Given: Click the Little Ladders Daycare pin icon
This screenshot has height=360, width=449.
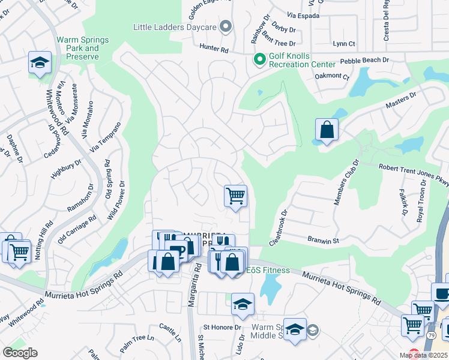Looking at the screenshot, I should tap(226, 26).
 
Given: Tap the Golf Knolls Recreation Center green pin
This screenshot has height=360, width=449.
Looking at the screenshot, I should tap(260, 59).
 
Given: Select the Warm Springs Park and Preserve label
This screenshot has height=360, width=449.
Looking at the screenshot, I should tap(83, 49).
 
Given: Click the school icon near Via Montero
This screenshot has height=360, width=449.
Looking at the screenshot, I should tap(40, 62).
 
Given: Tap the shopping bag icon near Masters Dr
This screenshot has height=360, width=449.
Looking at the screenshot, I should tap(327, 130).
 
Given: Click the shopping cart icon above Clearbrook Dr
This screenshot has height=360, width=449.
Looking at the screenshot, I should tap(235, 196).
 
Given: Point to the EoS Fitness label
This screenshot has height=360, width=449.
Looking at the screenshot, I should tap(268, 271).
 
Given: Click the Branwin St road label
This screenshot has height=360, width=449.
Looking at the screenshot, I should tap(324, 239).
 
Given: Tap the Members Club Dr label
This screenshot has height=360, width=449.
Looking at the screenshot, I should tap(345, 182).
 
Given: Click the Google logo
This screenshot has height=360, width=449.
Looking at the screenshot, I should tap(20, 353).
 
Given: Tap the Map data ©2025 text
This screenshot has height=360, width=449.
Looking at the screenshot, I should tap(424, 355).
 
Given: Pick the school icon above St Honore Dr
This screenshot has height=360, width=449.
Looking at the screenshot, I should tap(243, 304).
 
